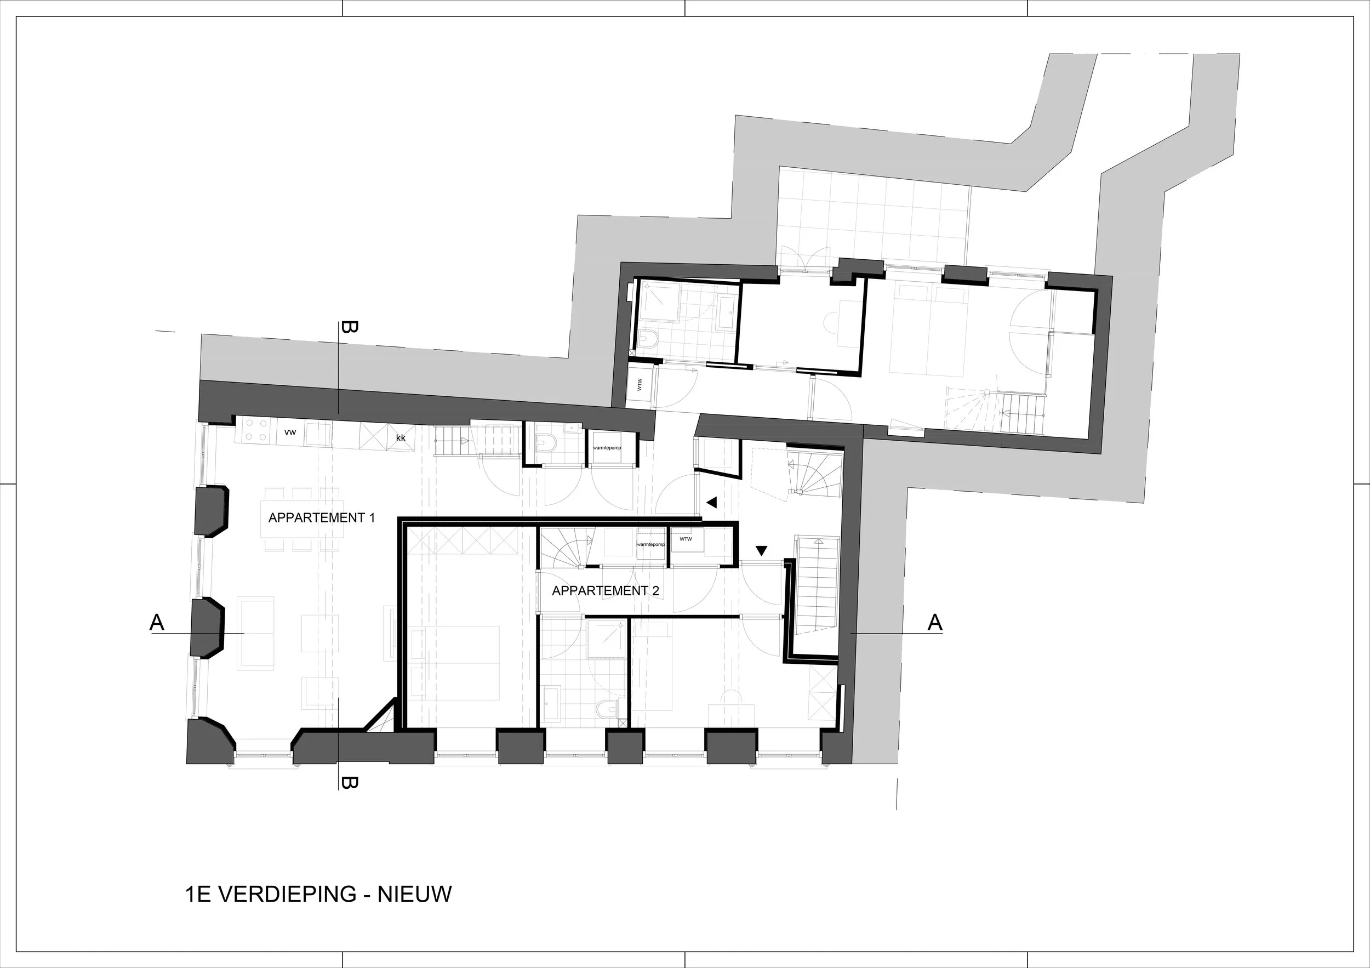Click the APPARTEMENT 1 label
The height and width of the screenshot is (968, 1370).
point(322,518)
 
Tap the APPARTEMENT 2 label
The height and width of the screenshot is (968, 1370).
point(605,591)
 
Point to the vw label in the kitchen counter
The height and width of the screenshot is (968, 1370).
point(290,431)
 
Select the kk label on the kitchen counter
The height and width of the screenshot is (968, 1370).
point(401,437)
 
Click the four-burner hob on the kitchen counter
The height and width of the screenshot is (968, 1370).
point(256,430)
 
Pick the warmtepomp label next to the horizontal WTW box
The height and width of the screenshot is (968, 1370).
point(650,545)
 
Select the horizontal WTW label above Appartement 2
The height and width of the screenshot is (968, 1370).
point(686,539)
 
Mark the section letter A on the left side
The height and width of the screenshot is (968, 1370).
point(157,623)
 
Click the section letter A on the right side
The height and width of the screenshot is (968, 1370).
point(935,623)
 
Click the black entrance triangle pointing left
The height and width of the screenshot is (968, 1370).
point(711,503)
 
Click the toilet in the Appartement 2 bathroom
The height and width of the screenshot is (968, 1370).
point(604,710)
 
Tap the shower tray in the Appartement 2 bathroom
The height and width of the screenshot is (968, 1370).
point(606,639)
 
